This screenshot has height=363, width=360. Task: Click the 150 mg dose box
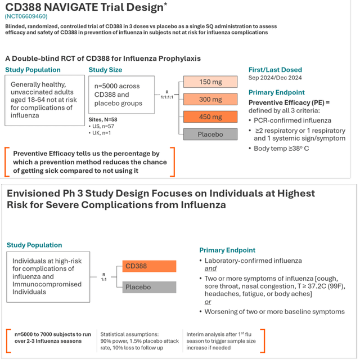[x=210, y=82]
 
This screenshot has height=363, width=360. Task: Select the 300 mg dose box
[x=210, y=100]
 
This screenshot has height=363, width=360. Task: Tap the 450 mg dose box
[x=210, y=117]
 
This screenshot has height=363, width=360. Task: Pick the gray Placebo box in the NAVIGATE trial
[x=210, y=135]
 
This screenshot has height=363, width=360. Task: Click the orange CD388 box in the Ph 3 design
[x=148, y=266]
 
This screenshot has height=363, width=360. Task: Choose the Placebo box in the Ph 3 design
[x=148, y=287]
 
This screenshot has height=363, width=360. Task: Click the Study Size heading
[x=106, y=70]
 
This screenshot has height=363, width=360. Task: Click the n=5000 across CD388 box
[x=121, y=95]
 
